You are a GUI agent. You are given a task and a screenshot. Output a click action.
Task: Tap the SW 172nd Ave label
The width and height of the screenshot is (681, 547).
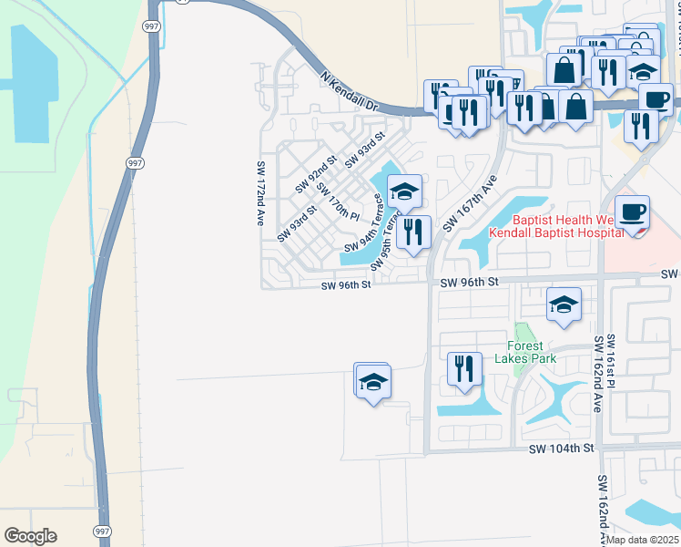pos(260,193)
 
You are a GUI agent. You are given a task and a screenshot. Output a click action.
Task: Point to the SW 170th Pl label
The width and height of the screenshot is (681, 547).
pos(338,201)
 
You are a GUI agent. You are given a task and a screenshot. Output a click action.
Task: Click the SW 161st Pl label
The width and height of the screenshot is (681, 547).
pos(611,361)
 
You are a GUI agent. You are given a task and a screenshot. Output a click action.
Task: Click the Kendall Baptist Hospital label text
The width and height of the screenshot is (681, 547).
pos(556,232)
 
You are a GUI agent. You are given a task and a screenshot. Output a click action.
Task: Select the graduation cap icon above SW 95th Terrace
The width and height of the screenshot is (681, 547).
pos(403,191)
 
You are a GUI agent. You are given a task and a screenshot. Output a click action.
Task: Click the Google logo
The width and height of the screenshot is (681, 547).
pos(30,536)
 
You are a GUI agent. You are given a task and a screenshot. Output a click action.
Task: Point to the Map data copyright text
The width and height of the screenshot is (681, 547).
pos(643,540)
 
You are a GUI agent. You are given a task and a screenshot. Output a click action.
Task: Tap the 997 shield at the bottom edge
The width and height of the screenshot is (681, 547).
pos(101,530)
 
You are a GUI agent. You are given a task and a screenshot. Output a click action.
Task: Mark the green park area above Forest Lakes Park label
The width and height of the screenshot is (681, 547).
pos(522,331)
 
